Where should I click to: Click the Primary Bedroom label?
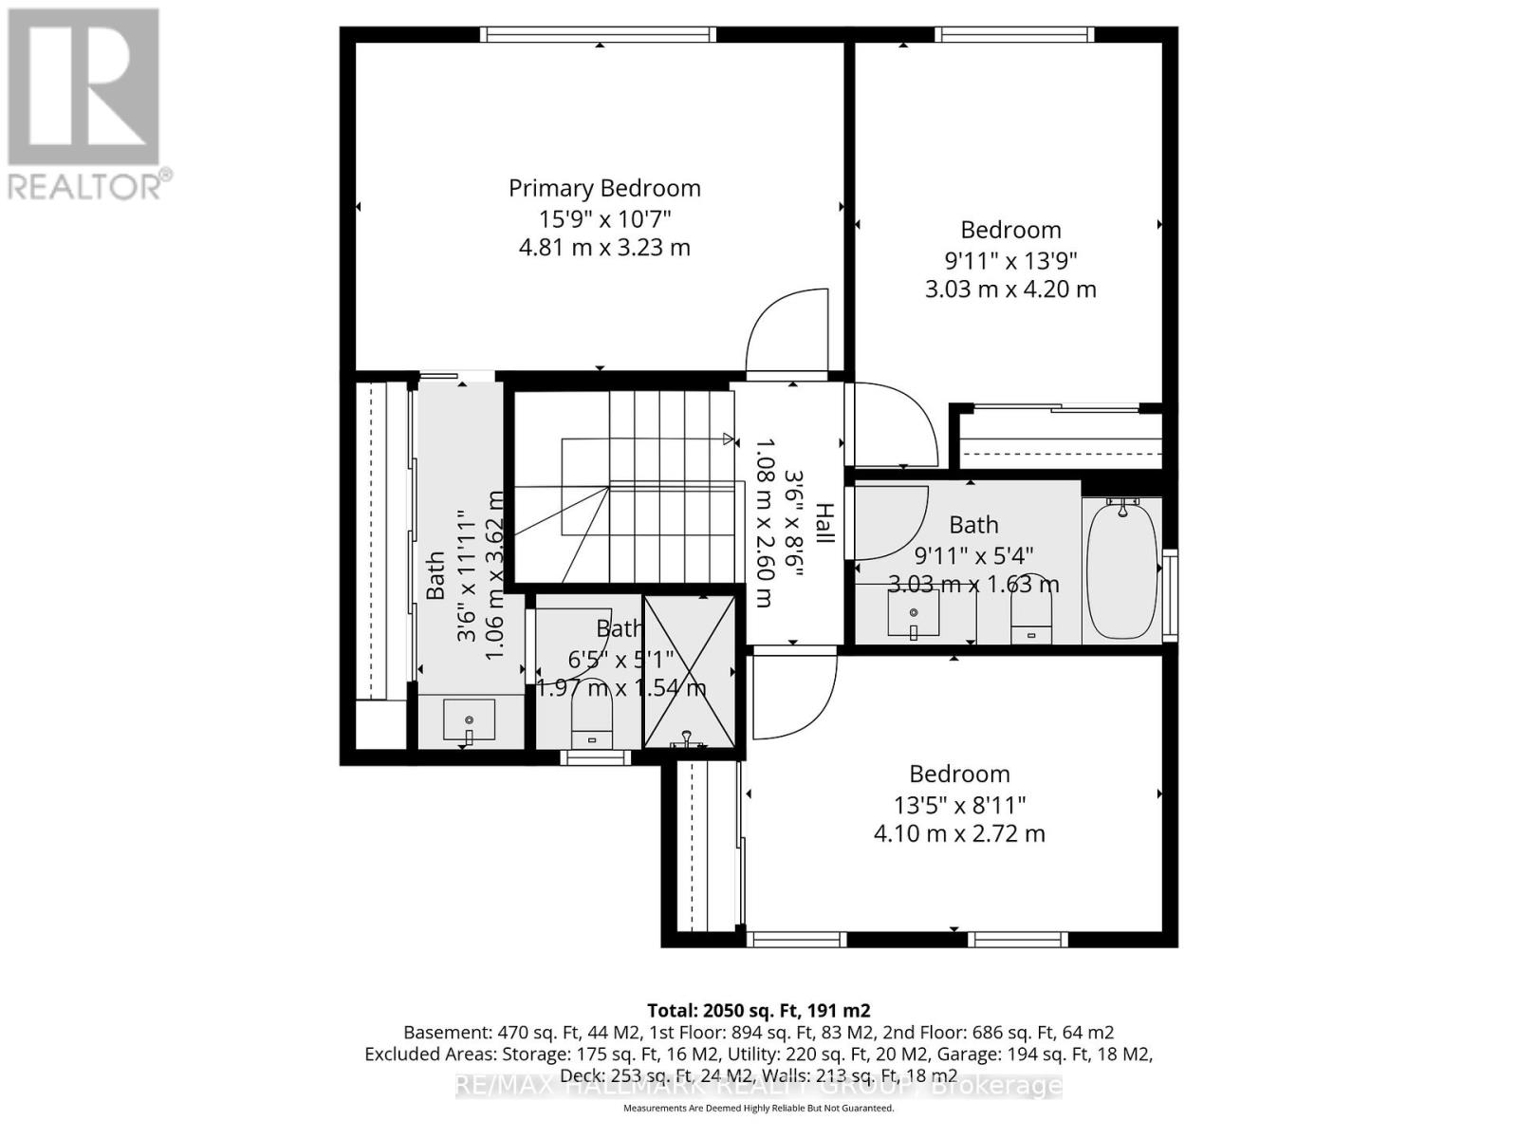[x=604, y=188]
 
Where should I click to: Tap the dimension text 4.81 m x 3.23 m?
[x=604, y=248]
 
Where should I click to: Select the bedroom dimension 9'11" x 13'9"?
[x=1010, y=260]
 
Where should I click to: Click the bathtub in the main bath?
[x=1121, y=569]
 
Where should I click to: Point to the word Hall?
[x=824, y=524]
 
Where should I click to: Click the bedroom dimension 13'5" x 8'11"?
[x=959, y=806]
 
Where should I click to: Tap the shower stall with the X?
[x=690, y=670]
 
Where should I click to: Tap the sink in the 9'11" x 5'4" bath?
[x=913, y=613]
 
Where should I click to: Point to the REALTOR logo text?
[x=90, y=184]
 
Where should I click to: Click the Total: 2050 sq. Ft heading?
[x=758, y=1010]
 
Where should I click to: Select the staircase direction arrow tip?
[x=731, y=439]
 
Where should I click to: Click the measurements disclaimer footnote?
[x=758, y=1108]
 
